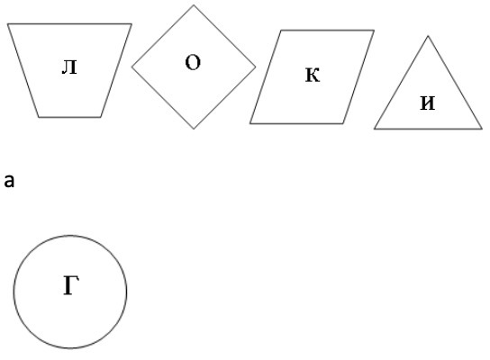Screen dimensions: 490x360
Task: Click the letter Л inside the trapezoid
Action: [69, 67]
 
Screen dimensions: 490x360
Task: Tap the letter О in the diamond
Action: [193, 62]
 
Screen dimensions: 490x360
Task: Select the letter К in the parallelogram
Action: [313, 75]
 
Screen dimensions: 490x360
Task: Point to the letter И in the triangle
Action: [428, 103]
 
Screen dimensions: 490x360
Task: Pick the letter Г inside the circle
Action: [71, 285]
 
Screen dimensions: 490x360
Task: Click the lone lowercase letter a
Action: [9, 181]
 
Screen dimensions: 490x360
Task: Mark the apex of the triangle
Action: [428, 37]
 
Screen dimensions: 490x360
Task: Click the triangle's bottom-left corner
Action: [375, 129]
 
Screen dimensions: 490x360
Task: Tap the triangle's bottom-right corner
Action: [482, 129]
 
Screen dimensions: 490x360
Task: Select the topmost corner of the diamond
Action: [194, 5]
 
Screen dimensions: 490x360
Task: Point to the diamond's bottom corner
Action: [194, 129]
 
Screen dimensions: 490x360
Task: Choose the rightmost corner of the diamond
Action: [256, 67]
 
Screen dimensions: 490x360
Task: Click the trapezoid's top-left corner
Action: [8, 23]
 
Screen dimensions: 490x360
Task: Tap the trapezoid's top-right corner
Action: [132, 23]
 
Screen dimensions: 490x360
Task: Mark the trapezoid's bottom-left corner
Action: [39, 117]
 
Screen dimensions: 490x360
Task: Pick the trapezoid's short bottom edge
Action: [69, 117]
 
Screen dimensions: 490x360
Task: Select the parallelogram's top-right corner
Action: [374, 31]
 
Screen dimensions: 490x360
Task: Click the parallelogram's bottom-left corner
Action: [250, 123]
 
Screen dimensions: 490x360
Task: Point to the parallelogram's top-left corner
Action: [281, 31]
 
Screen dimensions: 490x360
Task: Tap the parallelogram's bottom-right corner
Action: [343, 123]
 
